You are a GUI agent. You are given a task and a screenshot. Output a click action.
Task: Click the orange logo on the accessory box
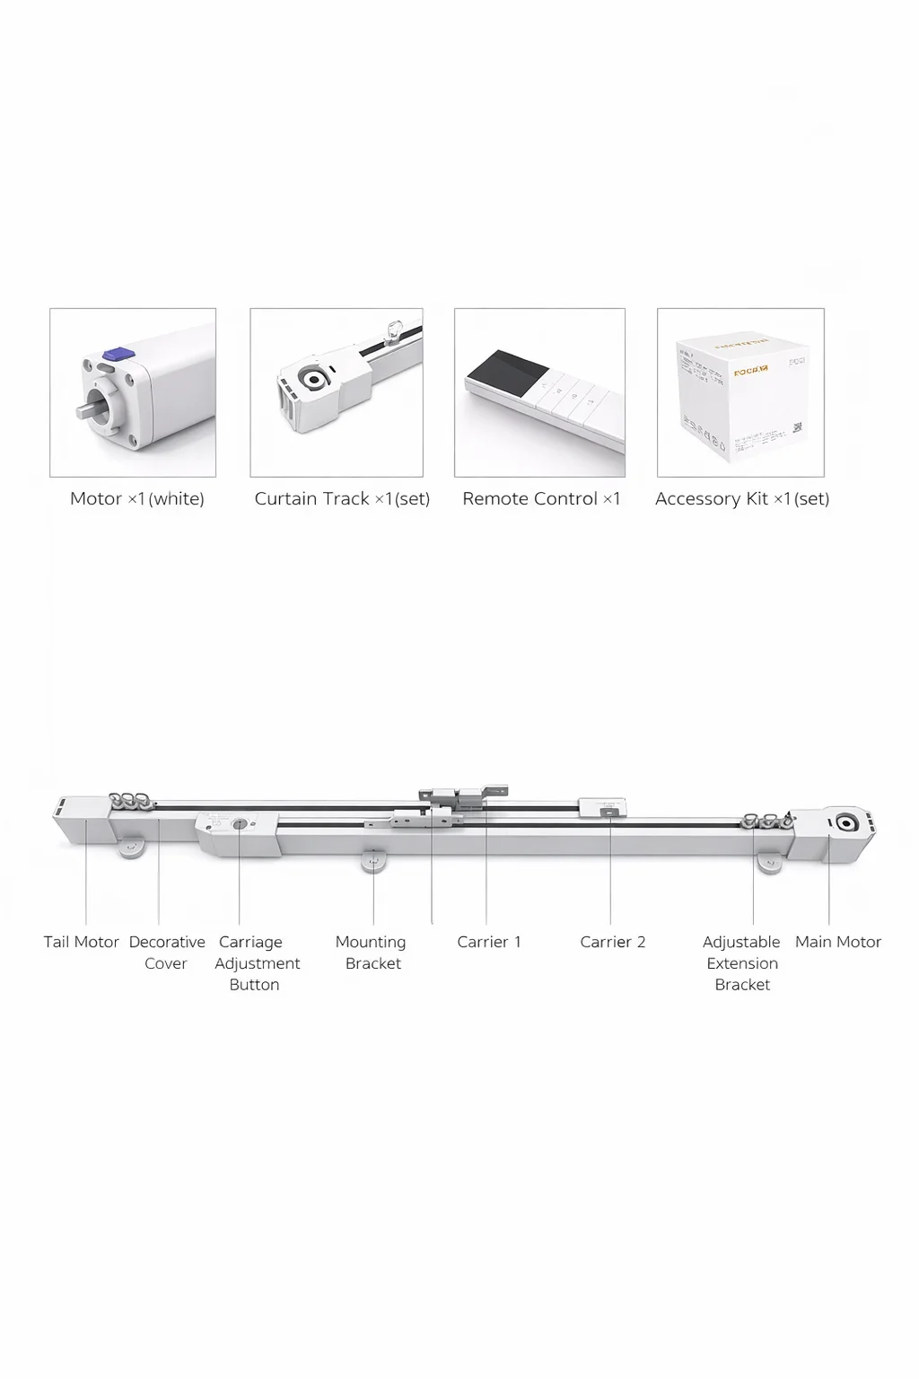coord(750,370)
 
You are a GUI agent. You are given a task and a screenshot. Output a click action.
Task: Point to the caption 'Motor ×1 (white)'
coord(137,499)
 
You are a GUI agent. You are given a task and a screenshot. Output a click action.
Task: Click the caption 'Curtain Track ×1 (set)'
coord(342,499)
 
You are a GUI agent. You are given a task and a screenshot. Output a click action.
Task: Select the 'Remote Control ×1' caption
coord(541,499)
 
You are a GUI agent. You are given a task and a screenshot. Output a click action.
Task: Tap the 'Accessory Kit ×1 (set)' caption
coord(742,499)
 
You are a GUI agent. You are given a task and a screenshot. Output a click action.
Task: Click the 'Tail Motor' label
coord(82,942)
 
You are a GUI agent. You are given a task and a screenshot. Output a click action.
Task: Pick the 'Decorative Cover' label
coord(167,953)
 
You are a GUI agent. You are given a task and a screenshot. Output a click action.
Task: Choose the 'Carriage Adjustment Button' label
coord(257,963)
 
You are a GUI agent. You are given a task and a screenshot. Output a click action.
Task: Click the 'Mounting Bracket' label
coord(372,953)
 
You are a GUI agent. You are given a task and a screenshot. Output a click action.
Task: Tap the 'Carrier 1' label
coord(489,942)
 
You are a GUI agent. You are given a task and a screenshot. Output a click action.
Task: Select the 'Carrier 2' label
coord(613,942)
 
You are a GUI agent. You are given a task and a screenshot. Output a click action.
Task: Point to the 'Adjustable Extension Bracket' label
coord(742,963)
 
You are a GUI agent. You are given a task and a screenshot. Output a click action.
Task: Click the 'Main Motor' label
coord(838,942)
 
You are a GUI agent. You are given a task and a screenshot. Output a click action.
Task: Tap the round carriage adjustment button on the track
coord(240,824)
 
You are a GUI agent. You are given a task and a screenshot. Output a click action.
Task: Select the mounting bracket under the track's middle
coord(373,862)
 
